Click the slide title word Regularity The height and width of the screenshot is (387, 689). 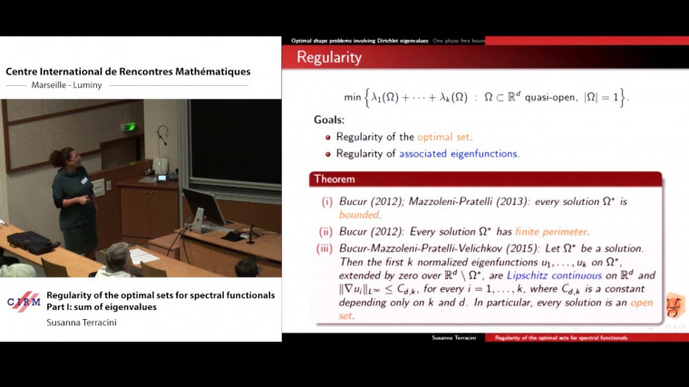coord(329,58)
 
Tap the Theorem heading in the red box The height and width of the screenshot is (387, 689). coord(336,179)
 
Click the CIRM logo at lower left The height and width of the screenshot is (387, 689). coord(24,302)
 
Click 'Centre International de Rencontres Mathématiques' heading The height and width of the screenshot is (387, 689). coord(129,72)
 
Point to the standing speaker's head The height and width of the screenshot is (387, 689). coord(70,158)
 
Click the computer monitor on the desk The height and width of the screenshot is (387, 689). coord(203,207)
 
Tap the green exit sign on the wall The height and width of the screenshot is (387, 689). coord(130,127)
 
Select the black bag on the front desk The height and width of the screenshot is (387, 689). coord(32,242)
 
